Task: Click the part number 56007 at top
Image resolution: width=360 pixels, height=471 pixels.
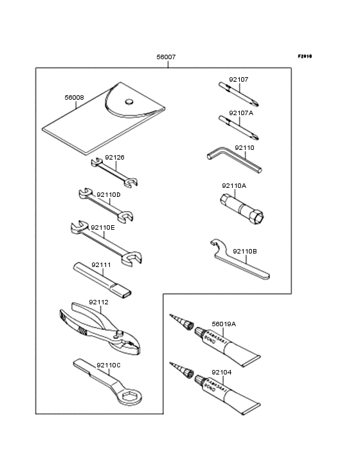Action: pyautogui.click(x=166, y=57)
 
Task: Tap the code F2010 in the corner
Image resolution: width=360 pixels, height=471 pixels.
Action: pyautogui.click(x=304, y=56)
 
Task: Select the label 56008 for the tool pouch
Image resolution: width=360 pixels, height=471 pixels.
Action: pyautogui.click(x=74, y=98)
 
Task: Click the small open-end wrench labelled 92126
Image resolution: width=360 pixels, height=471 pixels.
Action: pyautogui.click(x=116, y=174)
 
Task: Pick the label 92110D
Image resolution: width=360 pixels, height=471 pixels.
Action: pyautogui.click(x=109, y=194)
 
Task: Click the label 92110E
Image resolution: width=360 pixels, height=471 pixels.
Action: pyautogui.click(x=103, y=227)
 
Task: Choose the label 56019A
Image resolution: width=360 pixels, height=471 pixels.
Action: pyautogui.click(x=223, y=324)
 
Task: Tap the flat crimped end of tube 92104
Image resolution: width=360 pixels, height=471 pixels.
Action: pyautogui.click(x=253, y=407)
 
